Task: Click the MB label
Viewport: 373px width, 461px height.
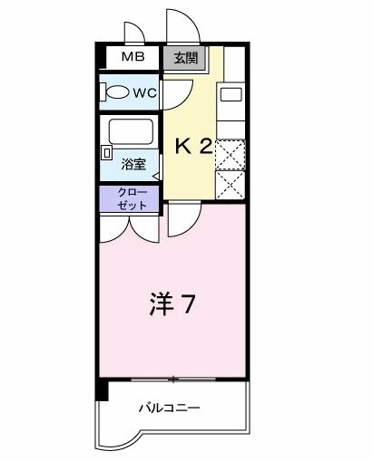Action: click(x=133, y=57)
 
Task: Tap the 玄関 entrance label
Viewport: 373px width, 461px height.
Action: click(x=185, y=58)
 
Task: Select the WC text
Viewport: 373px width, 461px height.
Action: click(x=145, y=92)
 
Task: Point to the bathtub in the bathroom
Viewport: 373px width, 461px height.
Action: click(x=131, y=131)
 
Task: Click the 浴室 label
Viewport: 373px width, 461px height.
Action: click(x=133, y=165)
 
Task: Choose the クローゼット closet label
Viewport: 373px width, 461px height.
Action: click(x=133, y=198)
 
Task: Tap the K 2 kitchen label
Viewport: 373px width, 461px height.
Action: click(x=193, y=148)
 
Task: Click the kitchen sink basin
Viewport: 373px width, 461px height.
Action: click(x=231, y=94)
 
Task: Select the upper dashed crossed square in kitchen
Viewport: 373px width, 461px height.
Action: click(x=231, y=154)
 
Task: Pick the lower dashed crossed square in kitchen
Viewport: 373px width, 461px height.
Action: click(x=231, y=185)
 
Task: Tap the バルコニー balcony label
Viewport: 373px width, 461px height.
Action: click(x=170, y=408)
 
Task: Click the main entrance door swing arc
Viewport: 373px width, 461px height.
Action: click(x=191, y=18)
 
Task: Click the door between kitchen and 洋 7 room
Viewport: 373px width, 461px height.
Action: click(x=192, y=226)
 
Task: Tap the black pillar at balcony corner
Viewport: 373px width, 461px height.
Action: click(x=102, y=389)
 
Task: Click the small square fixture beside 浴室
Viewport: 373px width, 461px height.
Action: click(x=107, y=153)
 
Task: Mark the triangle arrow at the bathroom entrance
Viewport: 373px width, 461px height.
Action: click(x=155, y=177)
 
